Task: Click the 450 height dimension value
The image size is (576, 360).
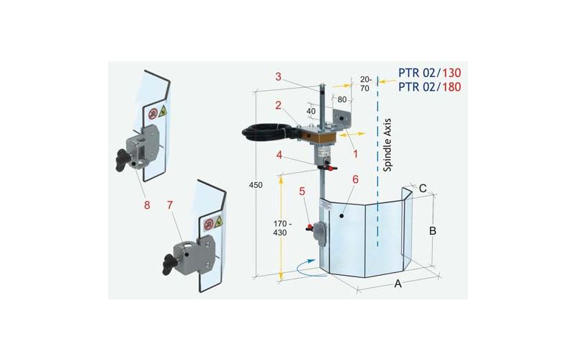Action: [x=256, y=185]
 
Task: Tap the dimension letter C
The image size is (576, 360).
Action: [x=423, y=189]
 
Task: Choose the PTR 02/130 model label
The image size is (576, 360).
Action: [x=430, y=73]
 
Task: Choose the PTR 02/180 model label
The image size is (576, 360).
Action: [x=430, y=87]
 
